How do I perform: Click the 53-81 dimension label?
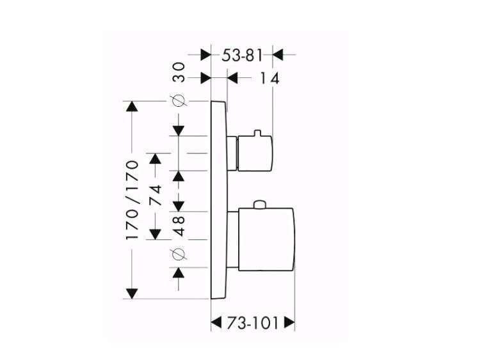(x=242, y=56)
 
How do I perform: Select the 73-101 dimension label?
(x=253, y=323)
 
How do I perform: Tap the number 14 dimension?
(x=269, y=78)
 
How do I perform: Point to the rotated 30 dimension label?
(x=179, y=72)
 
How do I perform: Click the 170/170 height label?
(x=132, y=200)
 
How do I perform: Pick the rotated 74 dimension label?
(x=155, y=195)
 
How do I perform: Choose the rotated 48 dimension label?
(x=179, y=226)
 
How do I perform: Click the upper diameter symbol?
(x=179, y=100)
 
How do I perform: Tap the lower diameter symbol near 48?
(x=179, y=254)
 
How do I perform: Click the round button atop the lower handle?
(x=259, y=205)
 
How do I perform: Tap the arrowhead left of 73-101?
(x=216, y=322)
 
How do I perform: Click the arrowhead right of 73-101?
(x=289, y=322)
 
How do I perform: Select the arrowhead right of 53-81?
(x=278, y=55)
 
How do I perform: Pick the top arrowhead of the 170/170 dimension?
(x=132, y=106)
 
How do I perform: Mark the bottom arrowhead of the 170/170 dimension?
(x=132, y=293)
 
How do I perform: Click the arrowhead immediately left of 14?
(x=233, y=77)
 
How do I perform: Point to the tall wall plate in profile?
(x=219, y=200)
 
